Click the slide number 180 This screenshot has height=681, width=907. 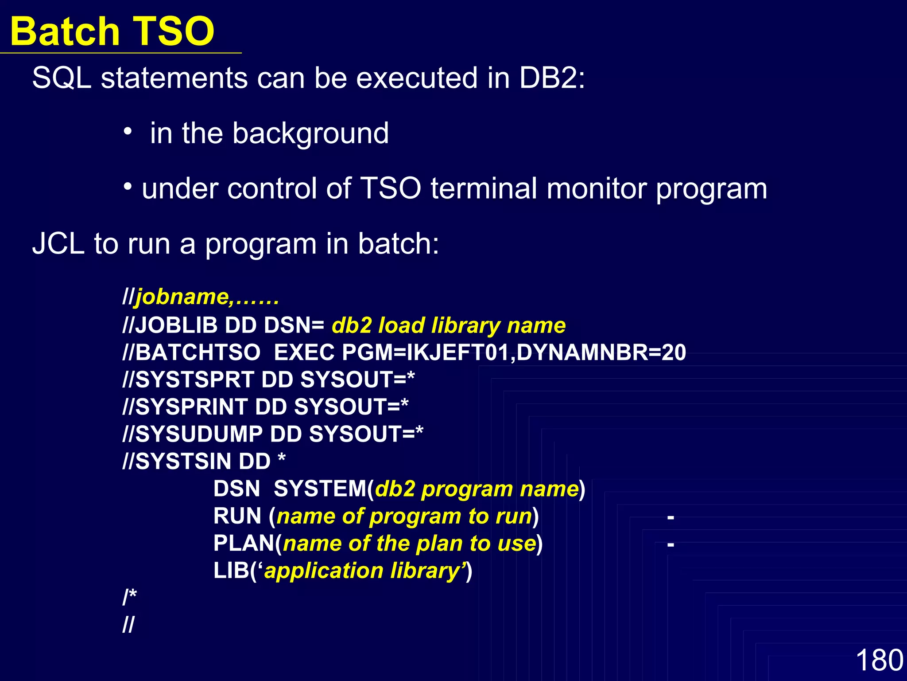pos(879,660)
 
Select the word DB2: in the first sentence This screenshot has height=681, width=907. pos(552,78)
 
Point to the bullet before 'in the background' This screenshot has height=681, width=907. pos(128,131)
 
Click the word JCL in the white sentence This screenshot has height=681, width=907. pos(58,244)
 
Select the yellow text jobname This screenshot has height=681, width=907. pos(182,297)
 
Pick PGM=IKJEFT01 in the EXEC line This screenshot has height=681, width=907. pos(427,353)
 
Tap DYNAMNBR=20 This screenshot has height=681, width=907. pos(601,353)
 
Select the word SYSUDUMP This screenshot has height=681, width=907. pos(199,434)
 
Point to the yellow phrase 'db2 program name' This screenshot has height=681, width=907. pos(477,489)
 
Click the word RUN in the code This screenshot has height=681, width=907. pos(237,516)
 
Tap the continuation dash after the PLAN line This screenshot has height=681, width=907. pos(671,544)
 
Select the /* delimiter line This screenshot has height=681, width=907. pos(130,597)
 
